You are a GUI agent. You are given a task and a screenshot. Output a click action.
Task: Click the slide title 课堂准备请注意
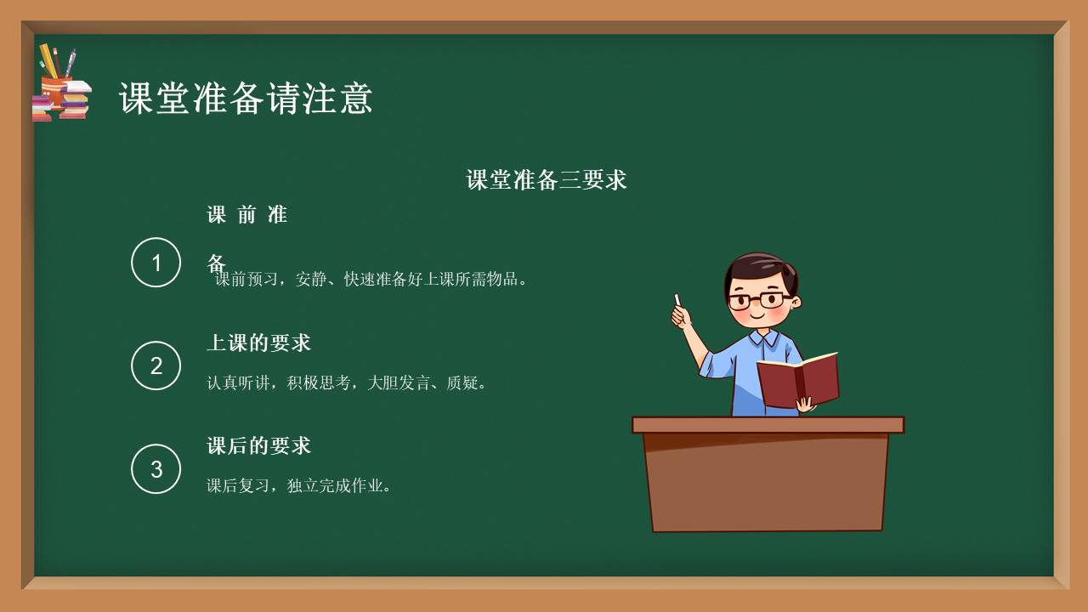246,99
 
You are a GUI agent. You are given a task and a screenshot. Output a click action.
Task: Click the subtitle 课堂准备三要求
547,180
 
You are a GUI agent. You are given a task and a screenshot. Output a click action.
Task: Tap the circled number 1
156,263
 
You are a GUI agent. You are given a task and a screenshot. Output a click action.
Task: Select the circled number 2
156,365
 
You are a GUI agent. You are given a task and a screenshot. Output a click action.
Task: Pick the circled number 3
156,468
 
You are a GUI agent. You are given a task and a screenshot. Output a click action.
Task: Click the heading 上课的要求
259,343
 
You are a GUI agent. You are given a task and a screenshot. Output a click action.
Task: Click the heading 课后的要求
259,445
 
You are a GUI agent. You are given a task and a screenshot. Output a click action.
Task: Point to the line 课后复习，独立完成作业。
299,486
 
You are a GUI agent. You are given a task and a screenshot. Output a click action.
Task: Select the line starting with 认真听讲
348,383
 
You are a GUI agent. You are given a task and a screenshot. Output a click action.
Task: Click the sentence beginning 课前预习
372,279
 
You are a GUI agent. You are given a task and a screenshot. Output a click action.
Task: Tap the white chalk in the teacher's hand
677,299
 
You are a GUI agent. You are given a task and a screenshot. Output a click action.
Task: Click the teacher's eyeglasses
756,300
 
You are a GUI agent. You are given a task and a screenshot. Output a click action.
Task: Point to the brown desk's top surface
768,425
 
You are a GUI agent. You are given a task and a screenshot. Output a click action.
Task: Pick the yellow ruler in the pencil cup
48,61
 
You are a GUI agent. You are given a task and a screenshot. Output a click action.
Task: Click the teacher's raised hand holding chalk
682,316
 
